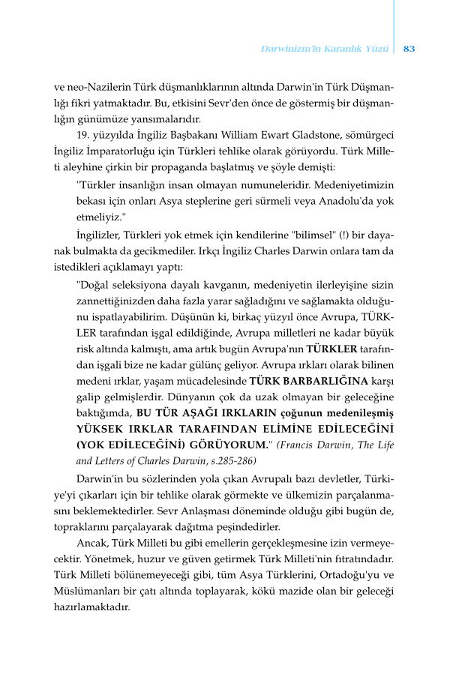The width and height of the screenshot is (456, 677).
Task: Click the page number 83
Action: [409, 49]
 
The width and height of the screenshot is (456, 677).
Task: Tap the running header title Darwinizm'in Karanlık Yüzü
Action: [324, 49]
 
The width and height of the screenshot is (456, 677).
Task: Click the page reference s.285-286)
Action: [229, 461]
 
